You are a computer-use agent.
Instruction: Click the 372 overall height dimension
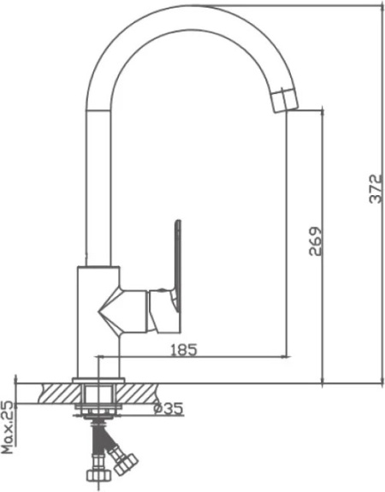[x=376, y=188]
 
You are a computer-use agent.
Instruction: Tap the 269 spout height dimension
[x=316, y=241]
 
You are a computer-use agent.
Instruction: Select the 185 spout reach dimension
[x=184, y=350]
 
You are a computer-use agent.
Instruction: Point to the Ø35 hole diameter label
[x=169, y=408]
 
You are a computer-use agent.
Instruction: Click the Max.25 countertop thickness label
[x=8, y=427]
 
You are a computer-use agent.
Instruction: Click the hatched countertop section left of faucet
[x=59, y=394]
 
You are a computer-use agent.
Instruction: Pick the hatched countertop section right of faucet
[x=138, y=394]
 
